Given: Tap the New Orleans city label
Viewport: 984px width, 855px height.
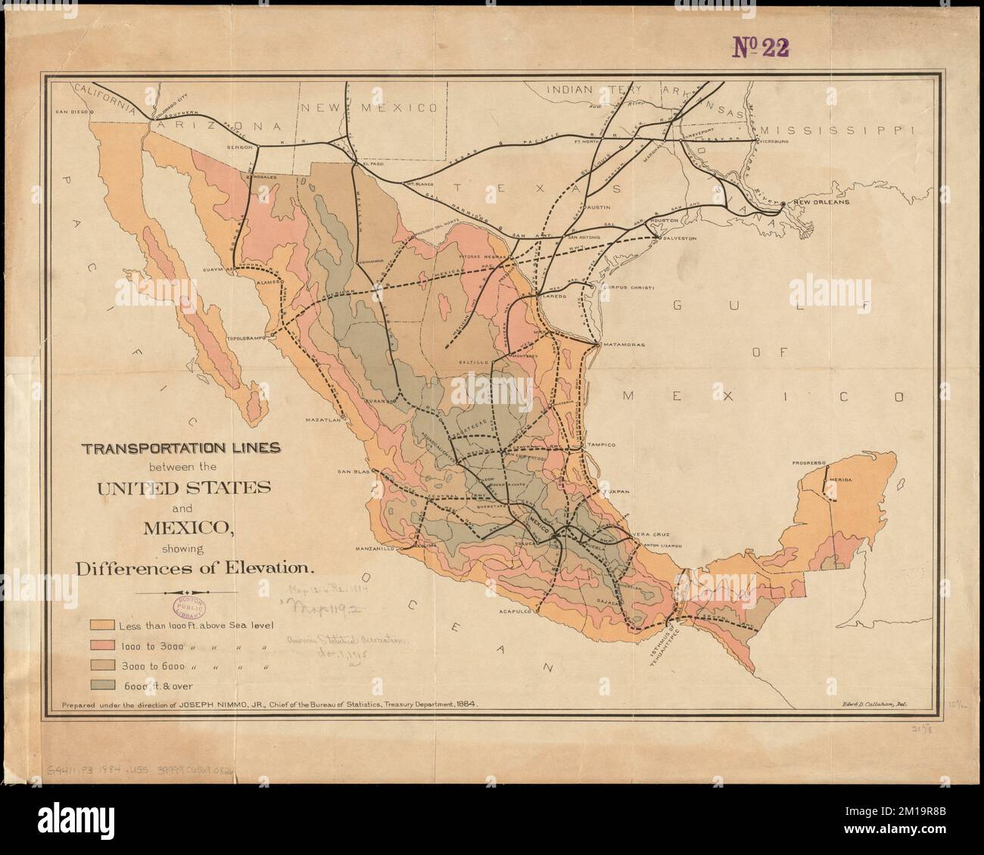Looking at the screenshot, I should click(x=819, y=203).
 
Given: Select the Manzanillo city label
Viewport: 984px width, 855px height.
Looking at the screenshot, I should click(x=377, y=549).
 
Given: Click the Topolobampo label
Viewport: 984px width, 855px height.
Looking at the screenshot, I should click(x=248, y=340).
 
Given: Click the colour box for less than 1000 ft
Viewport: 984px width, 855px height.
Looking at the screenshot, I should click(x=101, y=625).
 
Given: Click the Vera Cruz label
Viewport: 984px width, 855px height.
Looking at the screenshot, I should click(x=651, y=534).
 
